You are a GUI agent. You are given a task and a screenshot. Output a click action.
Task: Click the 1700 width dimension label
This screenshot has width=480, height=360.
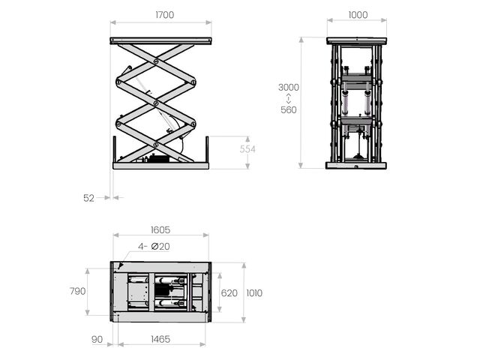point(165,15)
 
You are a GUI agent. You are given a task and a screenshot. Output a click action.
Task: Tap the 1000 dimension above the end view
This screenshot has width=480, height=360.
point(358,15)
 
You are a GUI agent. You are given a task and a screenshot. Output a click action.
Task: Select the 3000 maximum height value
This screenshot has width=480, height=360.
point(288,88)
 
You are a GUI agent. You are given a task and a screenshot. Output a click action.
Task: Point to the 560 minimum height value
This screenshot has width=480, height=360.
point(288,110)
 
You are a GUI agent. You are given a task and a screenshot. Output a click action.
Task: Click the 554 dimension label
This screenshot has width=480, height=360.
point(247,149)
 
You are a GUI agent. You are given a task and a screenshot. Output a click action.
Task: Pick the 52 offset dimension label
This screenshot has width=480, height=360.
point(88,198)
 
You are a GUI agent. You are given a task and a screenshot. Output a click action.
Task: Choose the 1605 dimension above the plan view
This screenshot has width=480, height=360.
point(160,230)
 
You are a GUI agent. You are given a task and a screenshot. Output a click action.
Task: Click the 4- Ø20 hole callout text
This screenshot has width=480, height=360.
point(154,247)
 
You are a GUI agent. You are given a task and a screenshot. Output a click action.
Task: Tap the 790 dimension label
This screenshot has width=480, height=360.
point(77,291)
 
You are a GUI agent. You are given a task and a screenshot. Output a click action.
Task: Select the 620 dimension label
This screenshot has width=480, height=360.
point(229,293)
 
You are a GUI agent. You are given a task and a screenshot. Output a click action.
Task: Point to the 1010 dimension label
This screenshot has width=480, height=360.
point(254,293)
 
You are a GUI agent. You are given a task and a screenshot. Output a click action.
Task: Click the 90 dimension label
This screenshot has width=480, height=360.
point(97,340)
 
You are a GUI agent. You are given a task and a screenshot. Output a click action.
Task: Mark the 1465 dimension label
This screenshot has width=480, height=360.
point(160,339)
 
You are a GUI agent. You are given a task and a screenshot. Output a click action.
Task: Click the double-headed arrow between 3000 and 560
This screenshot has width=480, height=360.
point(288,98)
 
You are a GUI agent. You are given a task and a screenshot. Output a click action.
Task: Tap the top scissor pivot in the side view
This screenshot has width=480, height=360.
point(156,61)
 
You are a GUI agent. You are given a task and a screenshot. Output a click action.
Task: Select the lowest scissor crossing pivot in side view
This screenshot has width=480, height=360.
point(156,145)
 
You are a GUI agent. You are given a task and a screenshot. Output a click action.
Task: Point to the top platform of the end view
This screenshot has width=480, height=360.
point(356,40)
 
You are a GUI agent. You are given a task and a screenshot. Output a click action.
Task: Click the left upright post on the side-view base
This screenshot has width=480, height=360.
point(115,149)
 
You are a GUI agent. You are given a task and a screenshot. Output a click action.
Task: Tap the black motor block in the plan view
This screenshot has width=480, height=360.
point(162,290)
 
